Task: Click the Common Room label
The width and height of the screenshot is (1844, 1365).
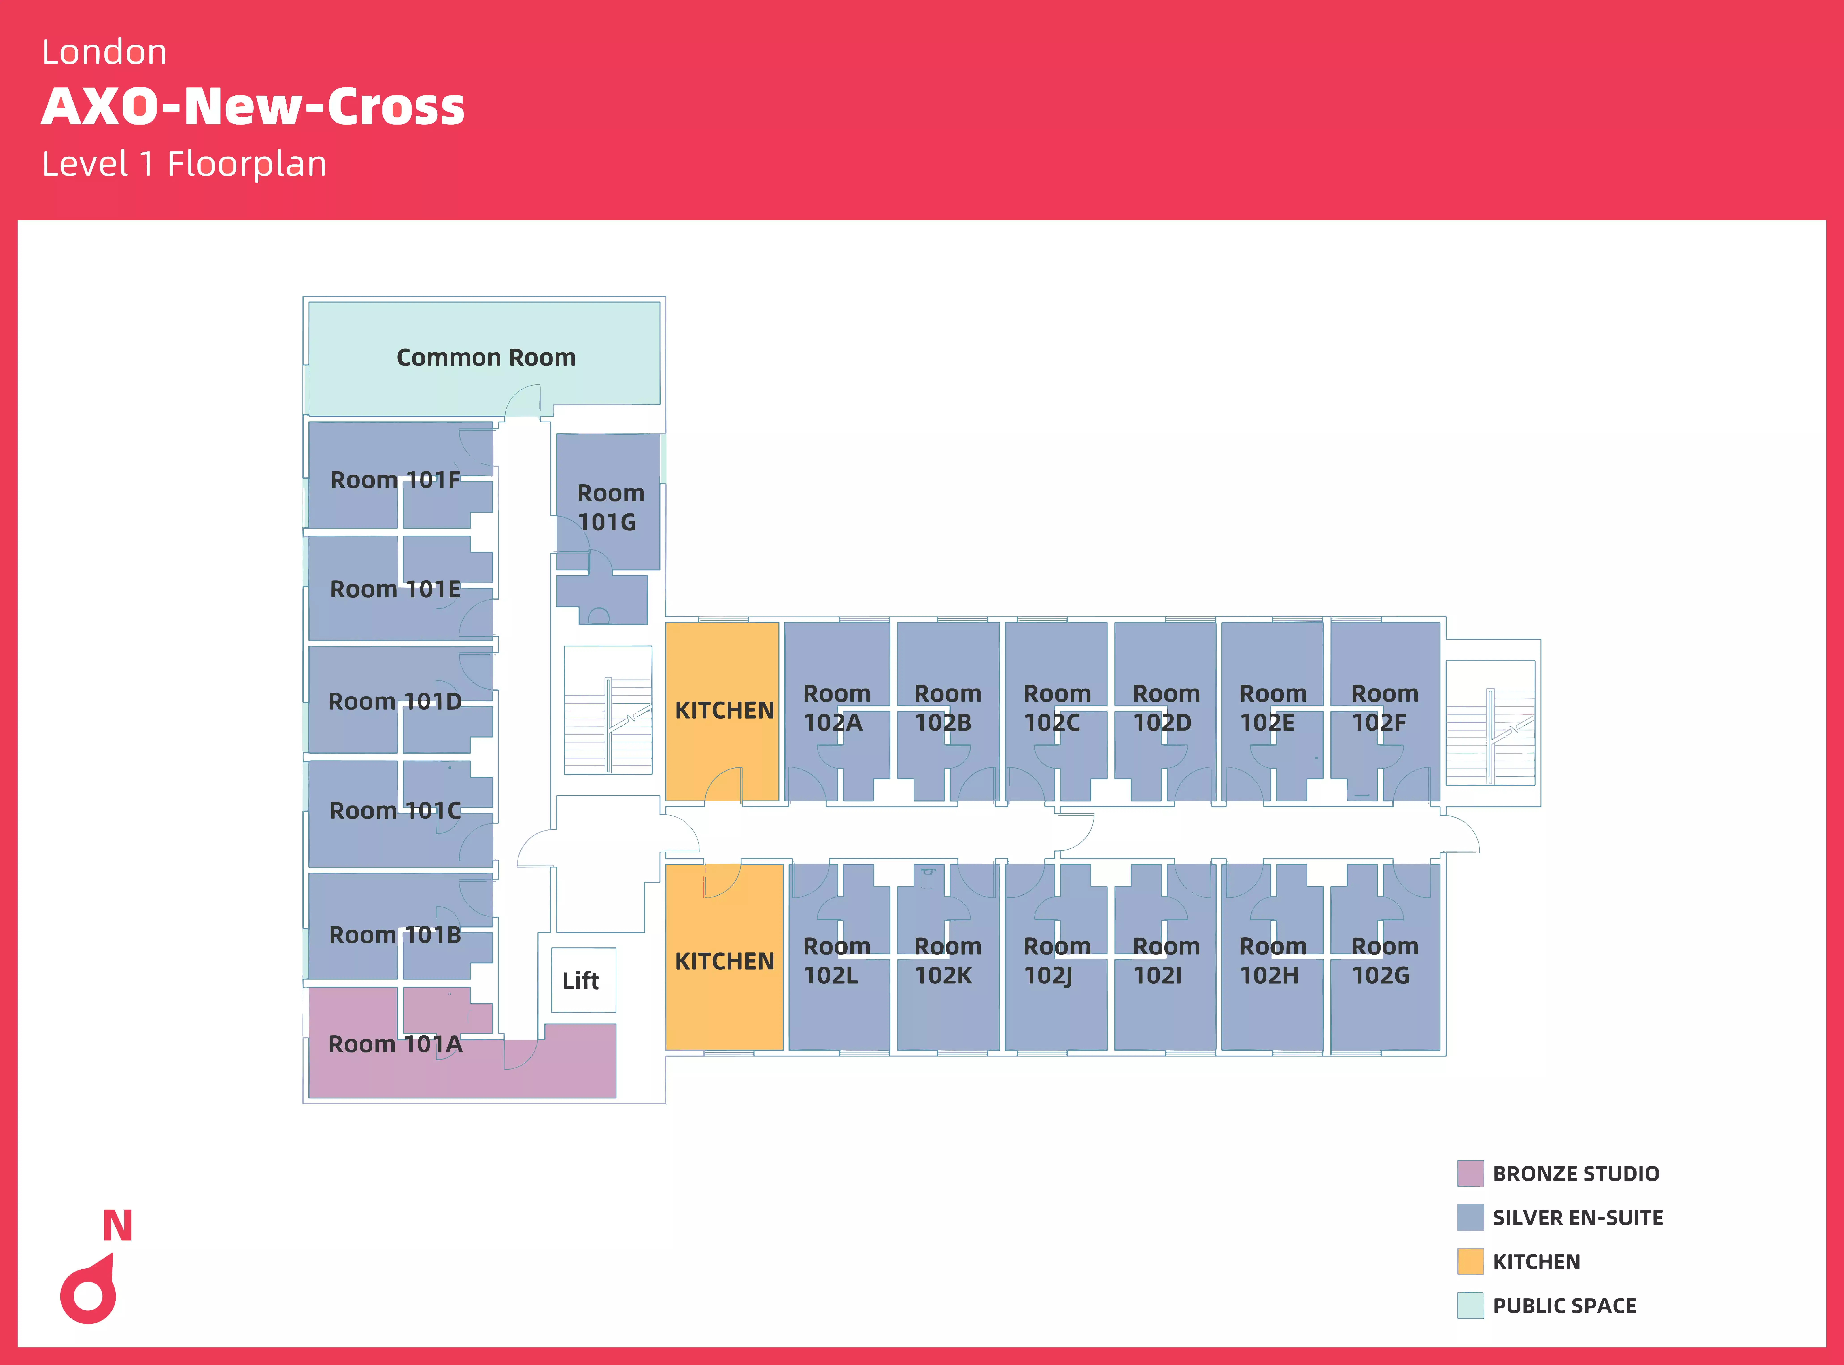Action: coord(486,358)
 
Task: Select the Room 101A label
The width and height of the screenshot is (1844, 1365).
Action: coord(395,1044)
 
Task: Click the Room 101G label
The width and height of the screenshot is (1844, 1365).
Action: coord(609,507)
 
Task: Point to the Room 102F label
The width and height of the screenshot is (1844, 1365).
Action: coord(1384,708)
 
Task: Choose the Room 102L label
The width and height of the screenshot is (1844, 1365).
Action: coord(836,961)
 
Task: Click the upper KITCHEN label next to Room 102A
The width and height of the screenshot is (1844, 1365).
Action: coord(724,711)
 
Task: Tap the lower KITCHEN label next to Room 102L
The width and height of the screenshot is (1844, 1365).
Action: coord(724,962)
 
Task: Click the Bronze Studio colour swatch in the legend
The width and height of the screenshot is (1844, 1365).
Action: coord(1470,1173)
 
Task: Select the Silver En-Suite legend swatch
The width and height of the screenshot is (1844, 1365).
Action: coord(1470,1217)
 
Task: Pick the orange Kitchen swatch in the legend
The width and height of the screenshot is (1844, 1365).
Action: coord(1470,1262)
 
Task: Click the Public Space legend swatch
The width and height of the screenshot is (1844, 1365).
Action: coord(1470,1306)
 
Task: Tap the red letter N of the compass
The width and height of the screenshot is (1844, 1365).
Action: coord(117,1226)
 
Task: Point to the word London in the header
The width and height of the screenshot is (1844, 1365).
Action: coord(104,52)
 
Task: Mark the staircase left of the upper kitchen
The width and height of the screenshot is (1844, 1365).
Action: coord(608,710)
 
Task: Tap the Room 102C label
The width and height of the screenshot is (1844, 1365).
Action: coord(1056,708)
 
